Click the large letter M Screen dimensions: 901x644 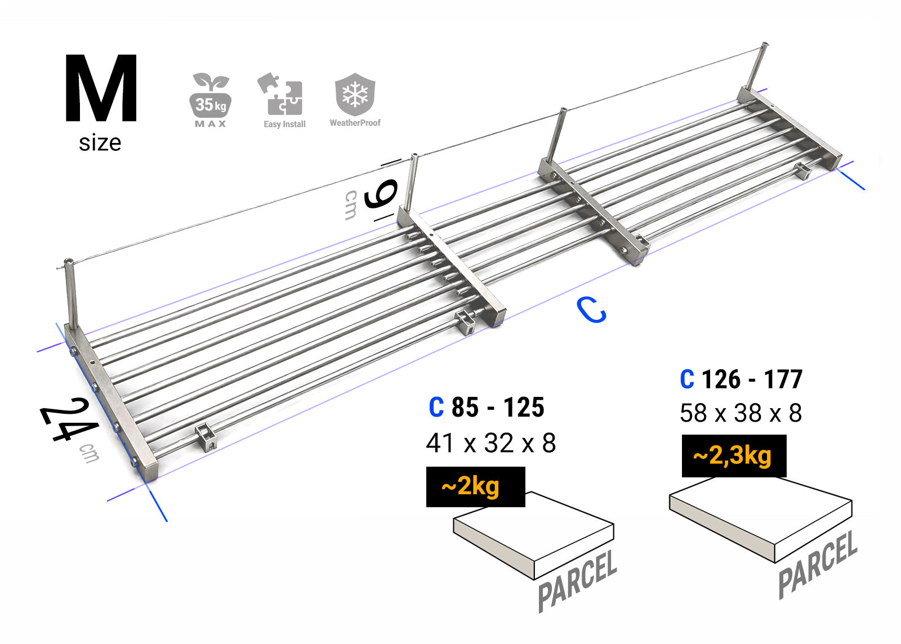[101, 88]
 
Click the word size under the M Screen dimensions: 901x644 [100, 143]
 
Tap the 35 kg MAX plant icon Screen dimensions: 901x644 [211, 100]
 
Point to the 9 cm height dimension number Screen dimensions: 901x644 [381, 194]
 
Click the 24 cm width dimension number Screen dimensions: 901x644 [69, 419]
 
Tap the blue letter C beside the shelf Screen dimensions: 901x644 [591, 310]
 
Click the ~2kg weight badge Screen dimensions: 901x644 [475, 486]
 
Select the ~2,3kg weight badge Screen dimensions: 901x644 [734, 455]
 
